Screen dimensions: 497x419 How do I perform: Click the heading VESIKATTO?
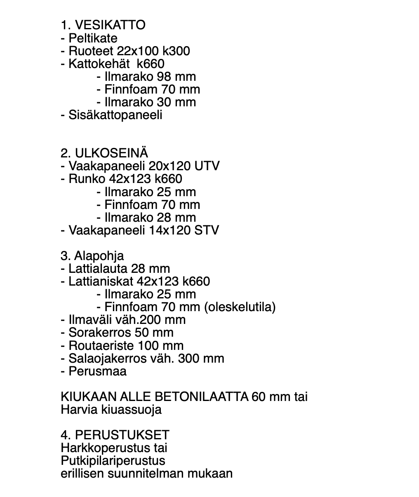[110, 25]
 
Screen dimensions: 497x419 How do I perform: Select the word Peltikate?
[93, 38]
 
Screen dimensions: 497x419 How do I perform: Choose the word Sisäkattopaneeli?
[115, 115]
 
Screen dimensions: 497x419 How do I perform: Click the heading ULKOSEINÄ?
[111, 153]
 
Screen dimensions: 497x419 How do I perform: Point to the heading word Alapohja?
[99, 256]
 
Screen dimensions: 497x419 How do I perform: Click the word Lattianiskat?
[101, 281]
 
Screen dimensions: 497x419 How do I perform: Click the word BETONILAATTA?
[201, 397]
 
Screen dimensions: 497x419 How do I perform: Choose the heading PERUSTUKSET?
[122, 435]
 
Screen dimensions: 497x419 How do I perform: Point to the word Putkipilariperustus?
[113, 461]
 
